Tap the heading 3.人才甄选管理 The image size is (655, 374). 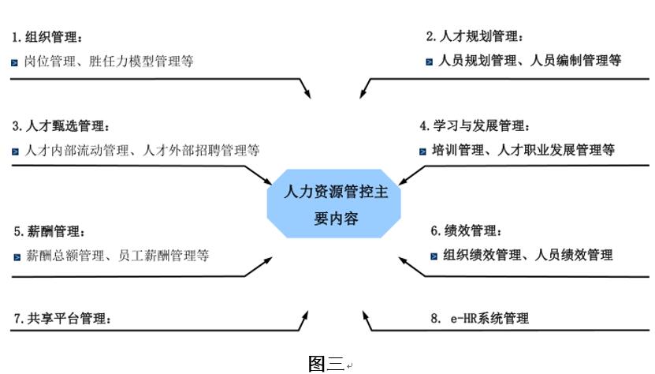click(61, 125)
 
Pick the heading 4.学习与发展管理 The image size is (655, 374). click(475, 125)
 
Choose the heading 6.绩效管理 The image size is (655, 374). click(466, 231)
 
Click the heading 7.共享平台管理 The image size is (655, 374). click(62, 319)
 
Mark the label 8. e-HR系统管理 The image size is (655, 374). click(479, 319)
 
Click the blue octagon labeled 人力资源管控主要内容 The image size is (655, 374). click(335, 204)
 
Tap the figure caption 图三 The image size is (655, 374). click(326, 363)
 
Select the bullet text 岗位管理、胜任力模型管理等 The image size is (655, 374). click(110, 61)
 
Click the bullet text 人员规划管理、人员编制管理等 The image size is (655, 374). click(530, 60)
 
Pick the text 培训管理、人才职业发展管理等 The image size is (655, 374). click(523, 150)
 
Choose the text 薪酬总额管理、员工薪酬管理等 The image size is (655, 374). click(117, 256)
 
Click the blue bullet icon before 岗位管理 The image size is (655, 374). click(15, 62)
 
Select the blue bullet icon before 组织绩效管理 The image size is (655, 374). click(434, 256)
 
